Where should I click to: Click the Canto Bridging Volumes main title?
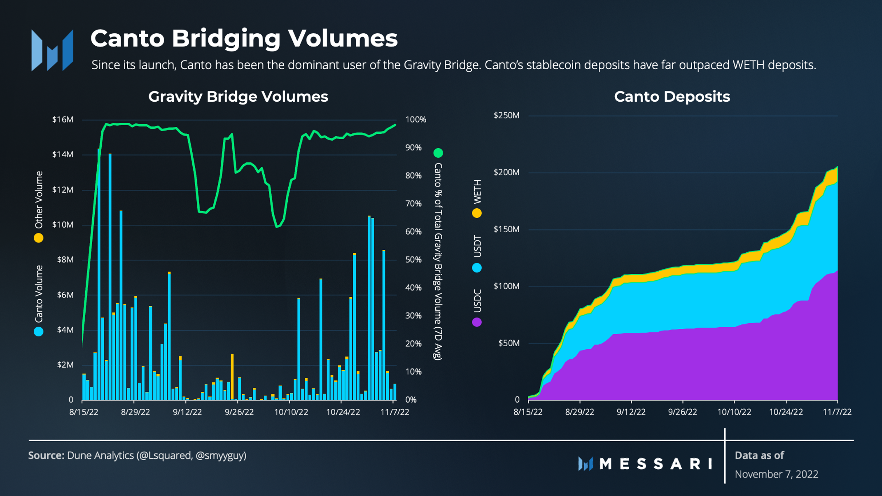pyautogui.click(x=244, y=38)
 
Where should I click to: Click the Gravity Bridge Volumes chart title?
pyautogui.click(x=238, y=97)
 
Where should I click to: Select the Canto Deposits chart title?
pyautogui.click(x=672, y=97)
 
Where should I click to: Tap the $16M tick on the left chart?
pyautogui.click(x=63, y=120)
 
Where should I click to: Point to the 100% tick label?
pyautogui.click(x=415, y=120)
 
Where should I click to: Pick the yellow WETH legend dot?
pyautogui.click(x=477, y=213)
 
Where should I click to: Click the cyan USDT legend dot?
pyautogui.click(x=477, y=268)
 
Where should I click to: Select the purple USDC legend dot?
pyautogui.click(x=477, y=322)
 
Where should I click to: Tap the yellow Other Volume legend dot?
pyautogui.click(x=39, y=238)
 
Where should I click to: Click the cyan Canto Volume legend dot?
pyautogui.click(x=39, y=331)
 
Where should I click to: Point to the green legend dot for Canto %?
pyautogui.click(x=438, y=153)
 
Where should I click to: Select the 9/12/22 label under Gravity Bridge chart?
pyautogui.click(x=187, y=412)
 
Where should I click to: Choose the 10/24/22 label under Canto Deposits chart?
pyautogui.click(x=786, y=412)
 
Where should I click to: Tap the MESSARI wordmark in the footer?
pyautogui.click(x=655, y=464)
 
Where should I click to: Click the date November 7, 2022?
pyautogui.click(x=776, y=474)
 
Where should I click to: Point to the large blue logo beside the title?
pyautogui.click(x=52, y=50)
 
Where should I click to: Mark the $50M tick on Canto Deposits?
pyautogui.click(x=509, y=343)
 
